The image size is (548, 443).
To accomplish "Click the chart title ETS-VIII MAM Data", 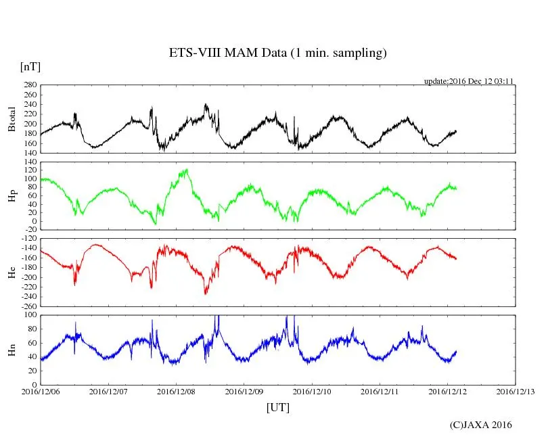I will pos(277,53).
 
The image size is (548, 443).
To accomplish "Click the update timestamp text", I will pos(469,80).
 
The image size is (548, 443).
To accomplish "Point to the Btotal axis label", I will pos(12,118).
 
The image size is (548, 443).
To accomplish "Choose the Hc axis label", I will pos(12,273).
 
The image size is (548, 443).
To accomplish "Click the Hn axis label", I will pos(12,350).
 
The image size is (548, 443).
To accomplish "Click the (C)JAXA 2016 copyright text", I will pos(481,425).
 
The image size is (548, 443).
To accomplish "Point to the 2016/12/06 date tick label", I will pos(41,391).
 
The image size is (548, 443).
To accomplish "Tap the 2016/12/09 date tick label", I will pos(244,391).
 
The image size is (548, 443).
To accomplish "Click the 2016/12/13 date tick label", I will pos(515,391).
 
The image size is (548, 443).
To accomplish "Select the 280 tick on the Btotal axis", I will pos(30,85).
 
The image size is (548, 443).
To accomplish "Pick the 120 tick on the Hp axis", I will pos(30,162).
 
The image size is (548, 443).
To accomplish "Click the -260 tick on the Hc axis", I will pos(28,306).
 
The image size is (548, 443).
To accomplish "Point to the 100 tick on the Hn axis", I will pos(30,315).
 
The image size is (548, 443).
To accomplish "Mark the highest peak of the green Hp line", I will pos(185,169).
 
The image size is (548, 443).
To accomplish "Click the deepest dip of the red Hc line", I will pos(206,294).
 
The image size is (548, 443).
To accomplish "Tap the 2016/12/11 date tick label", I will pos(380,391).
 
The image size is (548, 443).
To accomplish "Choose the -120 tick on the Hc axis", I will pos(28,239).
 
